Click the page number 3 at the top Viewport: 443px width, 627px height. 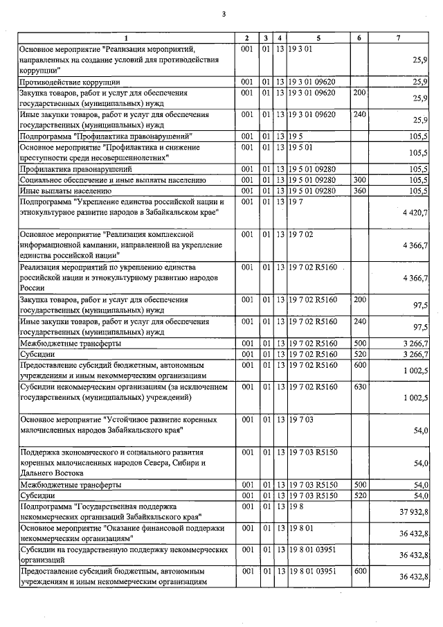pos(224,13)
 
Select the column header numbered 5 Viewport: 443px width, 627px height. pos(318,37)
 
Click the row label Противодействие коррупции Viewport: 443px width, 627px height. pos(61,82)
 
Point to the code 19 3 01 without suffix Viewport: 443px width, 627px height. pos(302,49)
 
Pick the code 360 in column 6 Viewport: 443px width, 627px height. pos(359,191)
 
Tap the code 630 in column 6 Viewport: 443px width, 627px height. pos(359,386)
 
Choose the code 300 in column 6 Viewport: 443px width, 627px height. pos(359,180)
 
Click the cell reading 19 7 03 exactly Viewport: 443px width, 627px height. pos(302,420)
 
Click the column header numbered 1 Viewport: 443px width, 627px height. pos(126,37)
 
